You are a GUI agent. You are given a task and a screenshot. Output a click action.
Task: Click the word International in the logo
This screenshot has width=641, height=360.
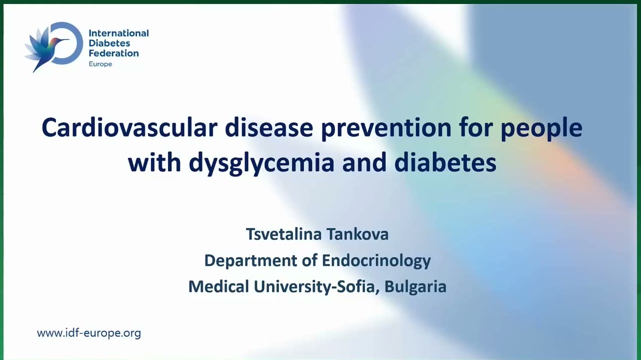tap(119, 33)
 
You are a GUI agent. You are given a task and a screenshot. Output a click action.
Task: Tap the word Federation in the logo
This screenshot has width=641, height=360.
tap(114, 53)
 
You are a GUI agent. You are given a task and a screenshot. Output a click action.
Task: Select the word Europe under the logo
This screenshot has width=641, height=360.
tap(100, 64)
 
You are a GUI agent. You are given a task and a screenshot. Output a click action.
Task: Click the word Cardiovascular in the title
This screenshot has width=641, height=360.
tap(129, 127)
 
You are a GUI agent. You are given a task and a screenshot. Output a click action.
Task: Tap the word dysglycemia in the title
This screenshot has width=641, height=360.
tap(261, 163)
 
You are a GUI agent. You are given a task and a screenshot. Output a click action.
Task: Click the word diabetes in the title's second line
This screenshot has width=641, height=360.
tap(445, 162)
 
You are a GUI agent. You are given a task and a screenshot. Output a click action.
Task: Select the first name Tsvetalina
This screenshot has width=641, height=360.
tap(284, 234)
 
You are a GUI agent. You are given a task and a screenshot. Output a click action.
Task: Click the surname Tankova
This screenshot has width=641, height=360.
tap(357, 234)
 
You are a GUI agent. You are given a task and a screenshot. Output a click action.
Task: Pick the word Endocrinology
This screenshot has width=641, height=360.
tap(376, 261)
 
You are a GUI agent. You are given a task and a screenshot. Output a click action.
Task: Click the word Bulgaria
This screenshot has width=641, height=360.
tap(415, 286)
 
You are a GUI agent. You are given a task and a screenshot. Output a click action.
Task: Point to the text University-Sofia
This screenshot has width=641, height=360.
tap(317, 286)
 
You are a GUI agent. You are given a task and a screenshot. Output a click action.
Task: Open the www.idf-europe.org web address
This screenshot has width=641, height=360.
tap(89, 333)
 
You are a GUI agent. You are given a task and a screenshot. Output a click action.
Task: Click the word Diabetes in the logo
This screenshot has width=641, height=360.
tap(109, 43)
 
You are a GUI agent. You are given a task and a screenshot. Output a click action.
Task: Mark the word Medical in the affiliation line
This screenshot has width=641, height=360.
tap(218, 286)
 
